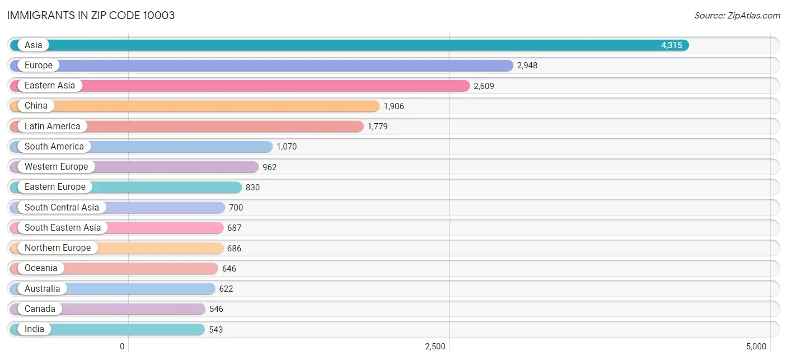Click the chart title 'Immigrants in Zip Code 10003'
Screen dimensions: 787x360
91,16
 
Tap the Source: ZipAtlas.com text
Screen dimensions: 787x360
737,16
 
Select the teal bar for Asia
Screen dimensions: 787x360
349,45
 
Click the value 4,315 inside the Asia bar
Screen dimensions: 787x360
671,45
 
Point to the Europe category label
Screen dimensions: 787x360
38,66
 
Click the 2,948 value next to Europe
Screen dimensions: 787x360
527,66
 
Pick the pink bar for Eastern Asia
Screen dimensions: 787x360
240,86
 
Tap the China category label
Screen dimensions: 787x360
36,106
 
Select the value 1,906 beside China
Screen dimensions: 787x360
393,106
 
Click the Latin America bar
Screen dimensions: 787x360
186,126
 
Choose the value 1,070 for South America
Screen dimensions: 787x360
287,147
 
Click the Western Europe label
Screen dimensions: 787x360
56,167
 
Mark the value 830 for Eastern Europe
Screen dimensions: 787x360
252,188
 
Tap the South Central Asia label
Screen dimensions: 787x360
62,207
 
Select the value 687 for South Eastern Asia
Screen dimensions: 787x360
234,228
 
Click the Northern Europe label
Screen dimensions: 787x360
58,248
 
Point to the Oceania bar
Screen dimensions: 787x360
114,268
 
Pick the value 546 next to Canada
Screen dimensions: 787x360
216,309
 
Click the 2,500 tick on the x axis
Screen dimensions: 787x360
435,347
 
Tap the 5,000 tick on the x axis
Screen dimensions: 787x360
756,347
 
